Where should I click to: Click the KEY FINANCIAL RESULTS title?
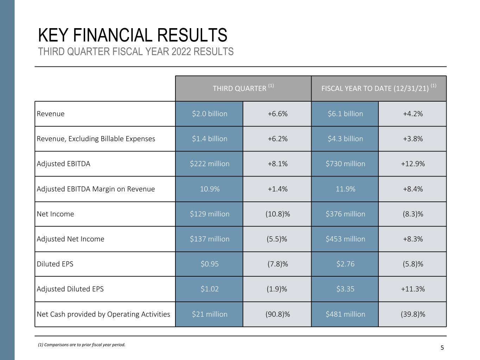pyautogui.click(x=133, y=35)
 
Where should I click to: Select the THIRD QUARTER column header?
pyautogui.click(x=243, y=88)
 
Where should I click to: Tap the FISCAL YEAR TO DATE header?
pyautogui.click(x=379, y=88)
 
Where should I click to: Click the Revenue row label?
pyautogui.click(x=51, y=114)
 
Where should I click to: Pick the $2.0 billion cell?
pyautogui.click(x=210, y=114)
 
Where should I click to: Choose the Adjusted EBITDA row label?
pyautogui.click(x=63, y=164)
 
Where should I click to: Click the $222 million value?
pyautogui.click(x=210, y=164)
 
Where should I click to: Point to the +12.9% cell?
pyautogui.click(x=412, y=164)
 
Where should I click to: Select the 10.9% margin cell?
pyautogui.click(x=210, y=189)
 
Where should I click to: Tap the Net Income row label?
pyautogui.click(x=55, y=214)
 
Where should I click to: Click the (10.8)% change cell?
pyautogui.click(x=277, y=214)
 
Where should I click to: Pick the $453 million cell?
pyautogui.click(x=345, y=239)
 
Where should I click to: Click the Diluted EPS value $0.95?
pyautogui.click(x=210, y=264)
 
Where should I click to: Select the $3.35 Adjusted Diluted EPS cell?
pyautogui.click(x=345, y=289)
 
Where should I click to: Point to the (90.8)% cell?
pyautogui.click(x=277, y=314)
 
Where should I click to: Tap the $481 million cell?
pyautogui.click(x=345, y=314)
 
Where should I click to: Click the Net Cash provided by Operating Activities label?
pyautogui.click(x=103, y=314)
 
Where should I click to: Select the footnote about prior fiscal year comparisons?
pyautogui.click(x=82, y=345)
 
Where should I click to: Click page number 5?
pyautogui.click(x=442, y=348)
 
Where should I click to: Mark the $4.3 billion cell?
pyautogui.click(x=345, y=139)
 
